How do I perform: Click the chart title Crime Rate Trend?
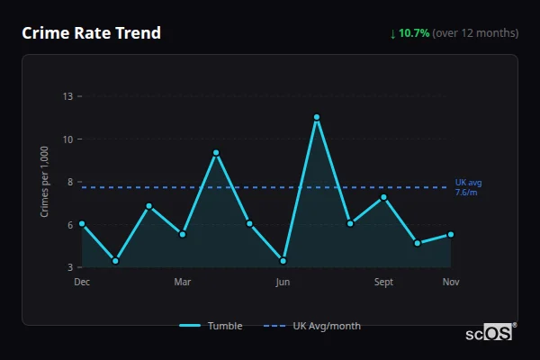(91, 33)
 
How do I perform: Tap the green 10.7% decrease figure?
(414, 33)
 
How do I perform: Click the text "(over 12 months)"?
(475, 33)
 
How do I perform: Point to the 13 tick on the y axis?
(67, 96)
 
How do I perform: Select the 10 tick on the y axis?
(67, 139)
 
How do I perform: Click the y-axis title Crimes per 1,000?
(45, 182)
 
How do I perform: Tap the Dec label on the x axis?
(82, 283)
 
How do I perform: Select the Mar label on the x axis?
(183, 283)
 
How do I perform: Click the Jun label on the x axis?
(283, 283)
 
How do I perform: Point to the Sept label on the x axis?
(383, 283)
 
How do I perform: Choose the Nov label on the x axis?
(451, 283)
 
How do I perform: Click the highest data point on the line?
(317, 117)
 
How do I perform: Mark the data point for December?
(82, 223)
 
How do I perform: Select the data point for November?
(451, 234)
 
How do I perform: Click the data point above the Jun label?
(283, 261)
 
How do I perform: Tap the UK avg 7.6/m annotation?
(468, 187)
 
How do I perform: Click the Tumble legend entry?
(211, 326)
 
